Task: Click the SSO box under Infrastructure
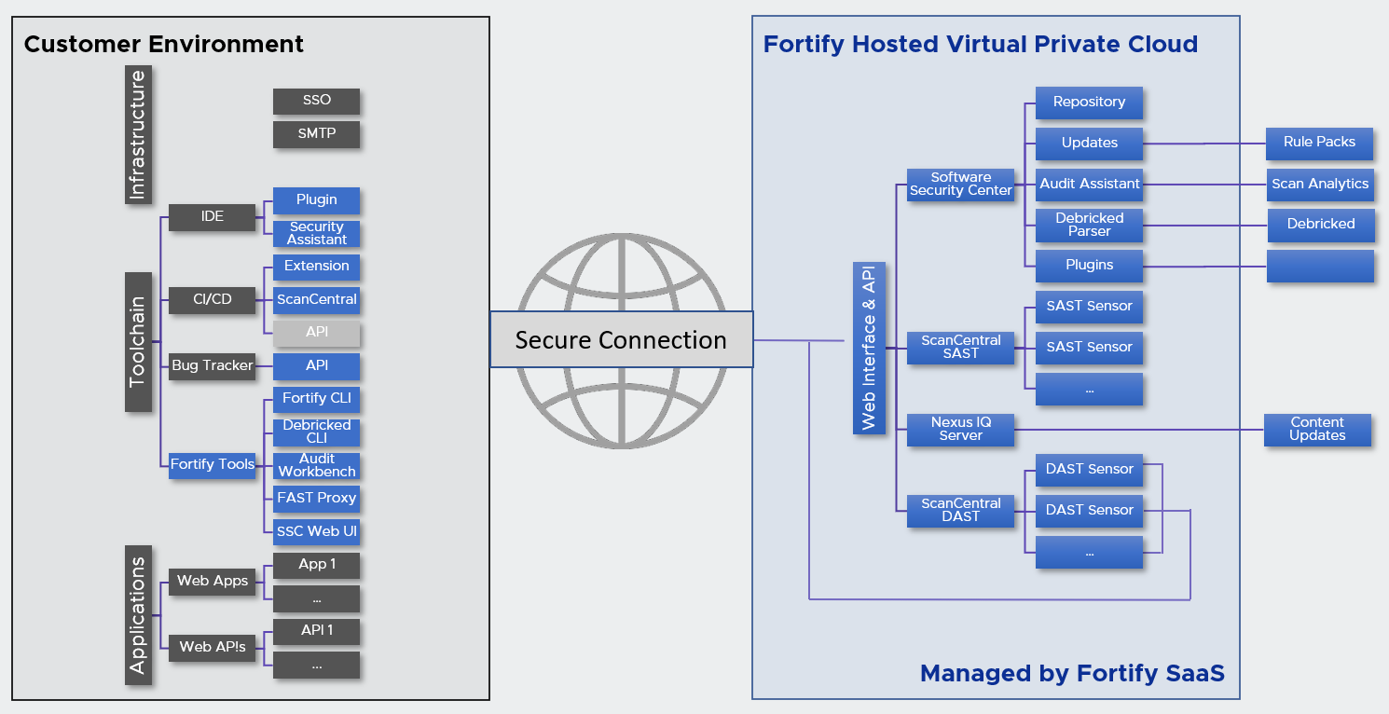point(316,101)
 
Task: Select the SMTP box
point(316,134)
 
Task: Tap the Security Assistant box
point(316,233)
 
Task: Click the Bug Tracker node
point(213,365)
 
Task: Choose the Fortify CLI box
point(316,399)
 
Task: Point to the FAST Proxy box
point(316,499)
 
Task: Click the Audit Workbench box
point(316,465)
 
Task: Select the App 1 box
point(316,565)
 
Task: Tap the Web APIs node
point(213,647)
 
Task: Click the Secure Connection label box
point(621,340)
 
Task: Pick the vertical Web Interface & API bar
point(868,348)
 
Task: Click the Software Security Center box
point(960,184)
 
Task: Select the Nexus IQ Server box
point(960,429)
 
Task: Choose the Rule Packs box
point(1319,143)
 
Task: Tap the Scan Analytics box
point(1319,184)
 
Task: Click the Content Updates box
point(1317,429)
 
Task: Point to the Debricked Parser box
point(1089,225)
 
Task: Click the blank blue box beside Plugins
point(1319,266)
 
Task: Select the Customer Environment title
point(164,44)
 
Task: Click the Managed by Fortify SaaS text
point(1072,673)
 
